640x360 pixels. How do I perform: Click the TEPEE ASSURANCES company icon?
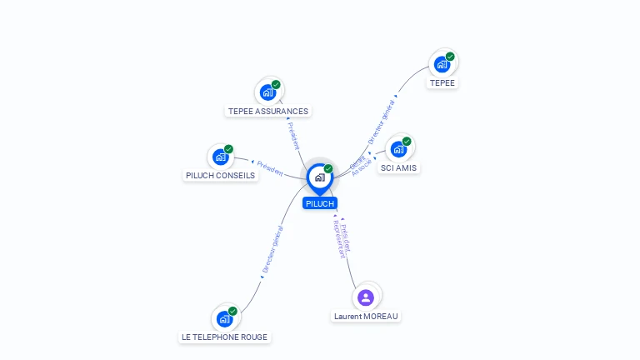pyautogui.click(x=268, y=92)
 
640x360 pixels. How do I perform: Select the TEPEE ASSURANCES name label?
pyautogui.click(x=268, y=111)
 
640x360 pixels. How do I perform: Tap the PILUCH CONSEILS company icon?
pyautogui.click(x=221, y=157)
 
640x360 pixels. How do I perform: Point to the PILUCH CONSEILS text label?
pyautogui.click(x=220, y=176)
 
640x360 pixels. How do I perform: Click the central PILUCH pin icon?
pyautogui.click(x=319, y=177)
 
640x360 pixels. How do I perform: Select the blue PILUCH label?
pyautogui.click(x=320, y=203)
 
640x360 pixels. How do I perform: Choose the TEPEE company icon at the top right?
pyautogui.click(x=442, y=64)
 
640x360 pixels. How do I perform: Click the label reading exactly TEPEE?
pyautogui.click(x=442, y=83)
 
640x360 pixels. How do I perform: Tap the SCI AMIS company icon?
pyautogui.click(x=399, y=149)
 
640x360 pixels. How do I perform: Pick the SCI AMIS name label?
pyautogui.click(x=399, y=168)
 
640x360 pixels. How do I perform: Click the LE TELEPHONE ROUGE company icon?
pyautogui.click(x=225, y=318)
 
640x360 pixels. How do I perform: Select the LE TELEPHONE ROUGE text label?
pyautogui.click(x=224, y=337)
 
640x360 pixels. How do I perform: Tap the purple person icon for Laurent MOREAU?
pyautogui.click(x=366, y=297)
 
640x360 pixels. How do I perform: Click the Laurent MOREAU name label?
pyautogui.click(x=366, y=317)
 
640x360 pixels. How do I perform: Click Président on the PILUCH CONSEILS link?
pyautogui.click(x=270, y=167)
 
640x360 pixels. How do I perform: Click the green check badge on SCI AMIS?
pyautogui.click(x=407, y=142)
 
